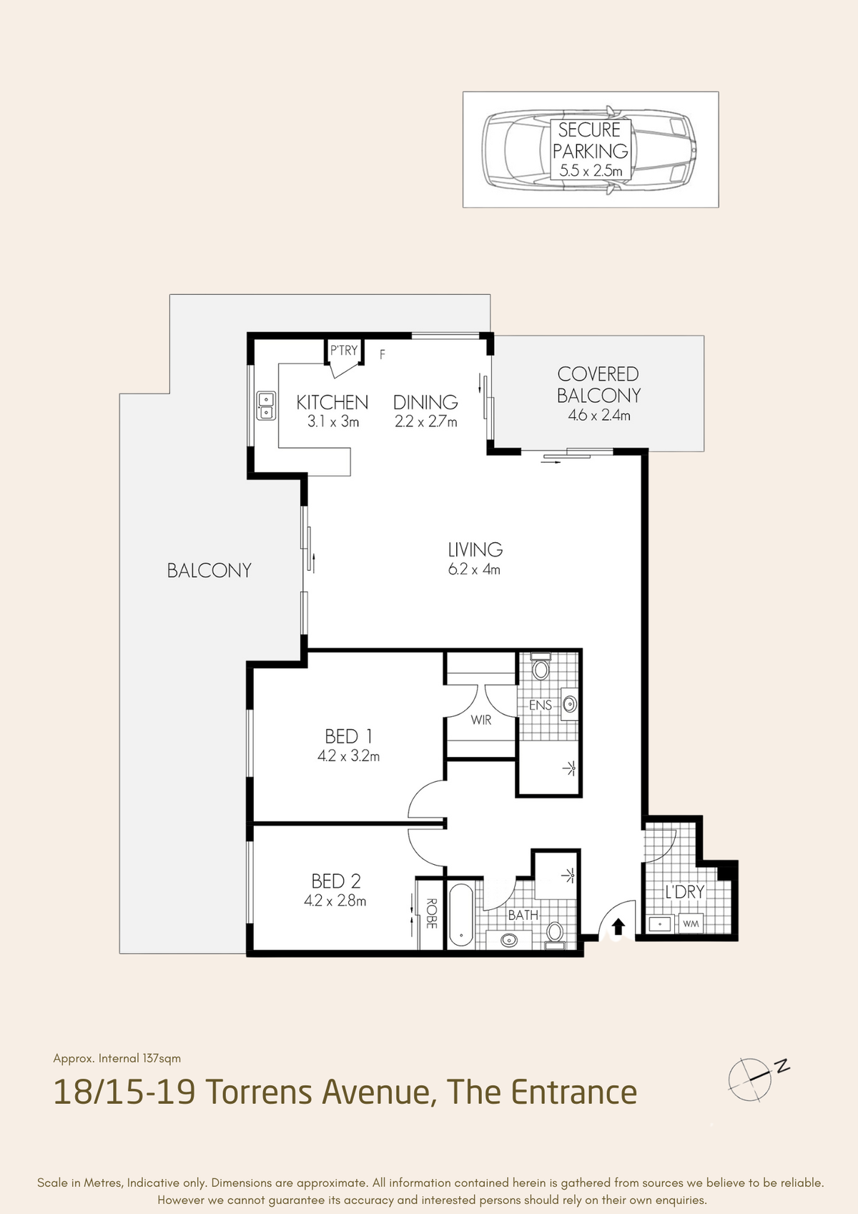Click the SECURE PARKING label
pyautogui.click(x=591, y=139)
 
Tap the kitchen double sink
pyautogui.click(x=266, y=406)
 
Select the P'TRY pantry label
pyautogui.click(x=344, y=350)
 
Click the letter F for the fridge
pyautogui.click(x=383, y=355)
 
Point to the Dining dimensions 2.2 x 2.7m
pyautogui.click(x=425, y=421)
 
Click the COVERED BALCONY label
pyautogui.click(x=598, y=385)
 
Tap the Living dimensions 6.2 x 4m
pyautogui.click(x=475, y=569)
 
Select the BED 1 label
pyautogui.click(x=348, y=737)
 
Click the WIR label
pyautogui.click(x=481, y=720)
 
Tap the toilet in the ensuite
pyautogui.click(x=541, y=667)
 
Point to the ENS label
pyautogui.click(x=540, y=705)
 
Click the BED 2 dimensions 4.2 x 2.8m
pyautogui.click(x=335, y=901)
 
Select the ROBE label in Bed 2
pyautogui.click(x=431, y=914)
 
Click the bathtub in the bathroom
pyautogui.click(x=461, y=915)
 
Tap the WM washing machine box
pyautogui.click(x=691, y=924)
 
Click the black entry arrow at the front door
pyautogui.click(x=618, y=926)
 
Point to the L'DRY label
pyautogui.click(x=685, y=891)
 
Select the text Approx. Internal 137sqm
pyautogui.click(x=117, y=1059)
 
